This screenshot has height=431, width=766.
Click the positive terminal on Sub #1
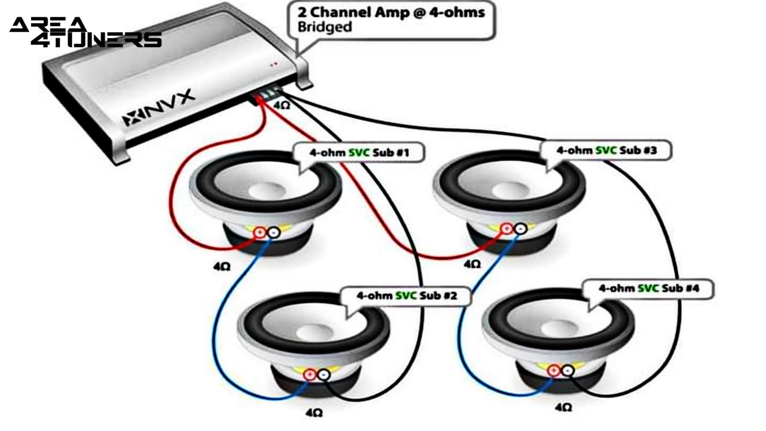pyautogui.click(x=260, y=233)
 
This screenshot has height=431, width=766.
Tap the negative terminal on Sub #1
pyautogui.click(x=273, y=233)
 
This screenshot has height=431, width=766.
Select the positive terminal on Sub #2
pyautogui.click(x=310, y=374)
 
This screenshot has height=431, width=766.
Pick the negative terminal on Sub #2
pyautogui.click(x=324, y=374)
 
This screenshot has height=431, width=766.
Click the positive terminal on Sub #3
pyautogui.click(x=506, y=229)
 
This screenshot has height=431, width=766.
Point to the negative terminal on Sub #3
pyautogui.click(x=520, y=229)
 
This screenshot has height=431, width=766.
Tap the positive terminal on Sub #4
pyautogui.click(x=553, y=371)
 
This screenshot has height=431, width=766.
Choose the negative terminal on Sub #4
pyautogui.click(x=567, y=371)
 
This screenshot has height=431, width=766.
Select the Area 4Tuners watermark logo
pyautogui.click(x=85, y=32)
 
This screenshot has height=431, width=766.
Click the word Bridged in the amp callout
pyautogui.click(x=325, y=27)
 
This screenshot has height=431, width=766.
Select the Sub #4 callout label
pyautogui.click(x=649, y=288)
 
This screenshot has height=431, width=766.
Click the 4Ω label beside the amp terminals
pyautogui.click(x=282, y=105)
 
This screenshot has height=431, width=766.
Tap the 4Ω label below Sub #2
pyautogui.click(x=314, y=412)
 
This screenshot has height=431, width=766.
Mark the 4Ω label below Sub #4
pyautogui.click(x=563, y=407)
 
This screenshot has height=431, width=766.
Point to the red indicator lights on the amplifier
pyautogui.click(x=274, y=64)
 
